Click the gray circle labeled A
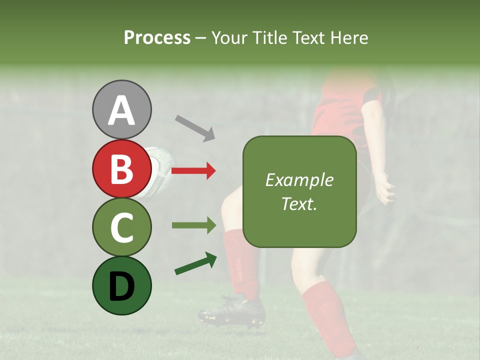click(x=121, y=109)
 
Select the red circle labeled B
click(x=121, y=168)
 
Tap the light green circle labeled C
click(x=121, y=227)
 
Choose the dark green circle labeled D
click(x=121, y=285)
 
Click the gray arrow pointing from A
click(x=194, y=127)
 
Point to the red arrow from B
click(x=193, y=171)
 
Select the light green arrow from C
click(x=193, y=225)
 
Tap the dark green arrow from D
click(x=195, y=263)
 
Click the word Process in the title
click(x=157, y=37)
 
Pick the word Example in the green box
click(x=299, y=180)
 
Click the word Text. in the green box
click(x=299, y=203)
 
